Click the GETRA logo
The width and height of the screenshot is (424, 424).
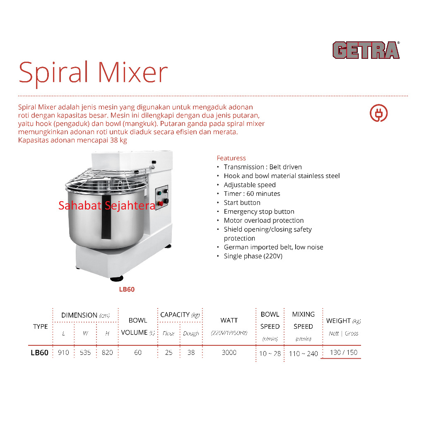coord(366,50)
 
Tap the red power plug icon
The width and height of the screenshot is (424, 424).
coord(378,113)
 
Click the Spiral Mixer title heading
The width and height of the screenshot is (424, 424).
coord(93,72)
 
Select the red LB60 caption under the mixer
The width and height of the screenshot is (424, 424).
coord(127,289)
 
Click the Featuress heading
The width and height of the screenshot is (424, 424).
coord(231,158)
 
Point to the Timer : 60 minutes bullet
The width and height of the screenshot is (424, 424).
coord(252,194)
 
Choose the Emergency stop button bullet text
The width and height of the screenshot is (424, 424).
coord(259,212)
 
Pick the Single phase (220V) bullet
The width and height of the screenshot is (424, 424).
coord(253,256)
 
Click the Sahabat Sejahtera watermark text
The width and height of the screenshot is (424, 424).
coord(107,205)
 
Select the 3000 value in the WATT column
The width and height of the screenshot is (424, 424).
coord(229,352)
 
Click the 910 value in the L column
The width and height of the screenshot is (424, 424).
coord(64,353)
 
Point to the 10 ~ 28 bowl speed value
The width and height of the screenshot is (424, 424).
coord(270,354)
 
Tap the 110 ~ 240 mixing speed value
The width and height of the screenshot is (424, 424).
coord(304,354)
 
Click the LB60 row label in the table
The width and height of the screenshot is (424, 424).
coord(40,353)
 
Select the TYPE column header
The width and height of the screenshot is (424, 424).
coord(41,326)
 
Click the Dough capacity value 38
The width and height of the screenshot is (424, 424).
coord(191,353)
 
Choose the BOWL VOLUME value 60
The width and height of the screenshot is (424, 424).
coord(138,353)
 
